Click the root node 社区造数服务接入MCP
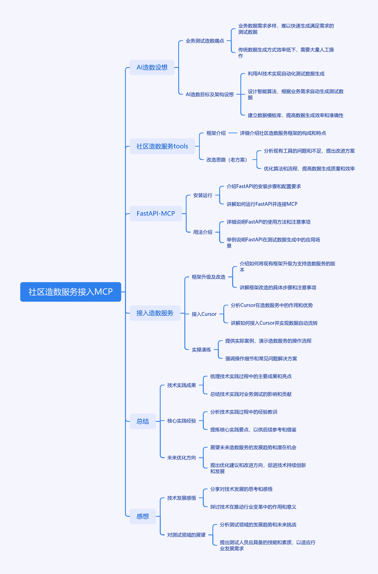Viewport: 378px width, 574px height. coord(71,292)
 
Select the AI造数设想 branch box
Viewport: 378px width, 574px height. coord(152,67)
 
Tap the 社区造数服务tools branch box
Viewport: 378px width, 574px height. coord(162,146)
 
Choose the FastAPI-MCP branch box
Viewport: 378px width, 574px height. coord(156,214)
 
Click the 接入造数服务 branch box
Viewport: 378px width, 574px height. coord(155,313)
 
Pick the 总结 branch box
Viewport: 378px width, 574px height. coord(143,421)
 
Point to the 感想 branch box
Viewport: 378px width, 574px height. coord(143,516)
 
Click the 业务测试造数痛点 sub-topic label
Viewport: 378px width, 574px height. coord(205,41)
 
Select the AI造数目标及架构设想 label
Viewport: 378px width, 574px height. coord(210,95)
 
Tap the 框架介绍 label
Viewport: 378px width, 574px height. coord(216,133)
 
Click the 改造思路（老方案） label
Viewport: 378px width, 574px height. coord(227,160)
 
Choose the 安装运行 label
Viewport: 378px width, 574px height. coord(203,195)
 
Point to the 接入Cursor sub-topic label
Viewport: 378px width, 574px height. coord(204,314)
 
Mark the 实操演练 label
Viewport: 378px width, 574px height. coord(201,350)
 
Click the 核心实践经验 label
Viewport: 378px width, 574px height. coord(182,421)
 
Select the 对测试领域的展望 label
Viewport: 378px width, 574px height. coord(187,535)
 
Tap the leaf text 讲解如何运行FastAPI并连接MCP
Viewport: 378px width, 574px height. coord(262,204)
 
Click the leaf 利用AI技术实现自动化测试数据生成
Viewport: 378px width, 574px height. coord(286,74)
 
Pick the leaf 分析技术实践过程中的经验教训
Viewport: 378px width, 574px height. coord(244,412)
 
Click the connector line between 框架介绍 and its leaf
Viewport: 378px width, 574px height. coord(232,133)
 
